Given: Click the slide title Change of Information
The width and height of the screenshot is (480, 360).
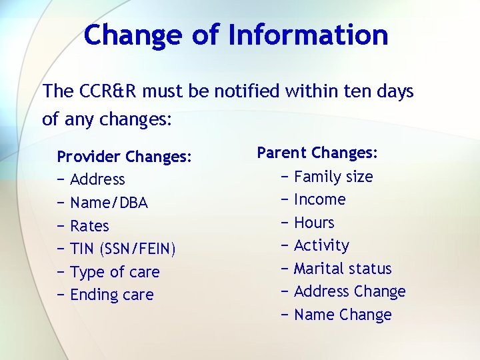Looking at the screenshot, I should pos(236,35).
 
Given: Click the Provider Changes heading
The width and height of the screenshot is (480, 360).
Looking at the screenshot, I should pos(125,157).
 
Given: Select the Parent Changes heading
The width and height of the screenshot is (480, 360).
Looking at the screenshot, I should pos(317,153).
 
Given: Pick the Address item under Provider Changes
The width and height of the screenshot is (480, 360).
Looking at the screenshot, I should pos(97,179).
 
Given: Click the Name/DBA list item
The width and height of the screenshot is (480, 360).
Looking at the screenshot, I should pos(109,203).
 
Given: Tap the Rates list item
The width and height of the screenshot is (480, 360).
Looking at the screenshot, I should pos(89,226).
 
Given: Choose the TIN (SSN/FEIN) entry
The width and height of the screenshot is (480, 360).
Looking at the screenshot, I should pos(123,249).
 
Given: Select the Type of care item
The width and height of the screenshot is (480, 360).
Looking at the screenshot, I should pos(115,272).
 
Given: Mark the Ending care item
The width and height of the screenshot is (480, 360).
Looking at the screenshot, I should pos(111,295).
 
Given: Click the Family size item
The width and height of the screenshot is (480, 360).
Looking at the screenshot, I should pos(333,177).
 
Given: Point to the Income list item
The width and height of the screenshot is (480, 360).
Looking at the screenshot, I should pos(319,199).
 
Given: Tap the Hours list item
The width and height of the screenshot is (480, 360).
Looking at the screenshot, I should pos(314,223).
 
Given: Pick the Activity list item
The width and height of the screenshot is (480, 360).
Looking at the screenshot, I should pos(321,245).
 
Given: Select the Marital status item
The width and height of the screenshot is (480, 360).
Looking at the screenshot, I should pos(343,269).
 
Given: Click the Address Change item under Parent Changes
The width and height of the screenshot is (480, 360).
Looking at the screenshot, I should pos(349,291).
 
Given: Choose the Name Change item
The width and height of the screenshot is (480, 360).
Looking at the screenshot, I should pos(343,315).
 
